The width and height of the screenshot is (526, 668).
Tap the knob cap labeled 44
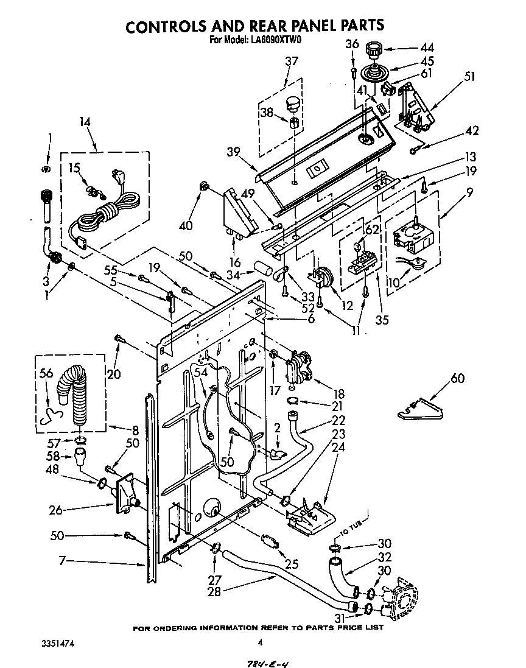pos(373,49)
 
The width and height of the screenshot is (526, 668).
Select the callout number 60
pos(457,379)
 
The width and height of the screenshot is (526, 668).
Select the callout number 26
pos(56,510)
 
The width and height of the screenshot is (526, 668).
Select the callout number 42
pos(472,131)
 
